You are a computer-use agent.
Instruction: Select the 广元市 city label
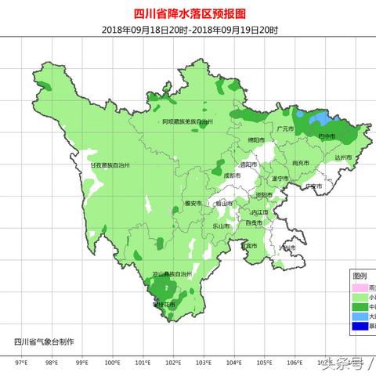point(284,128)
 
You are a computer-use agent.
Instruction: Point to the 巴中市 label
point(327,136)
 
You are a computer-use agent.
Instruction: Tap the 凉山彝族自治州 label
point(172,274)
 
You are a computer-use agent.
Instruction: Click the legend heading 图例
point(360,276)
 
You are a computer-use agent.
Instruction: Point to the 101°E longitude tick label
point(143,363)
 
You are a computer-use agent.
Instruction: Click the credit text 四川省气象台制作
point(45,342)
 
